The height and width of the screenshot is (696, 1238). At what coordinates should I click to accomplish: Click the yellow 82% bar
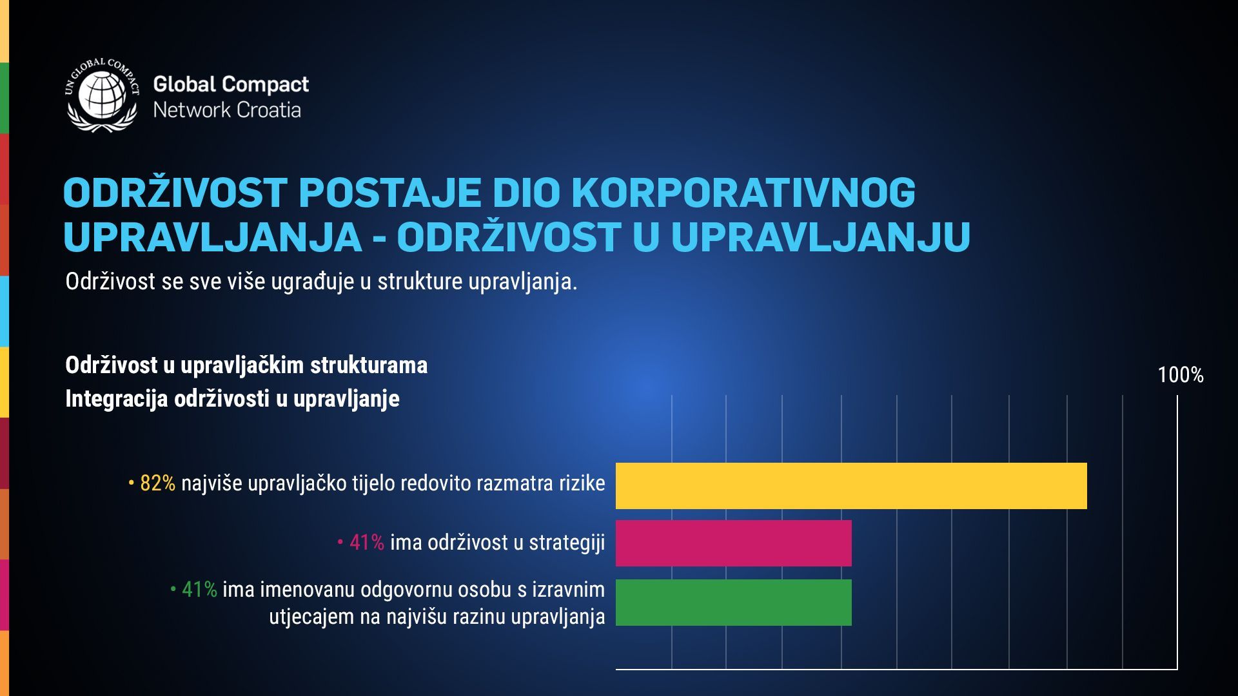click(x=851, y=486)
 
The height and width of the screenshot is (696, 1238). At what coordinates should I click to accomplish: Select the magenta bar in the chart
click(x=734, y=543)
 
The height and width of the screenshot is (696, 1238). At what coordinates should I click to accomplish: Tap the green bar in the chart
click(x=734, y=603)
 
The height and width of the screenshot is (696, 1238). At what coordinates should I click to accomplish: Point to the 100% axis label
click(x=1181, y=375)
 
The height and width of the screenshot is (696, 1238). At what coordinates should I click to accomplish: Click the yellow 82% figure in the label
click(x=157, y=483)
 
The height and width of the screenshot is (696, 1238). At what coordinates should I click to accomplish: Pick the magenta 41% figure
click(x=367, y=543)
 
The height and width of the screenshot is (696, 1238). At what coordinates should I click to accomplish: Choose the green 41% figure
click(x=199, y=589)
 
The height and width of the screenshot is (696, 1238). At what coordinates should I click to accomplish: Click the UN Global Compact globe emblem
click(x=102, y=95)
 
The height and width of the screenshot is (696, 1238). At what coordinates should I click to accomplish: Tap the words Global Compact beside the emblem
click(x=231, y=84)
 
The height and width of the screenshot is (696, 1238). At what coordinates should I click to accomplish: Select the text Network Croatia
click(x=227, y=110)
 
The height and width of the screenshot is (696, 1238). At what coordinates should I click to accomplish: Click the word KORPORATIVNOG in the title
click(x=743, y=192)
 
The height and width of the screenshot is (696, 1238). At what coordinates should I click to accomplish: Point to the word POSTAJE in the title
click(x=390, y=192)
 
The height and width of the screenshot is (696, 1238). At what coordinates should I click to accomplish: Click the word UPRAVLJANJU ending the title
click(x=821, y=237)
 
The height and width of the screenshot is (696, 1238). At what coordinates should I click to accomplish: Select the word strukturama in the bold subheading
click(x=369, y=365)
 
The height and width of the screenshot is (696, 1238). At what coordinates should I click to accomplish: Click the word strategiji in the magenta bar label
click(x=567, y=543)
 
